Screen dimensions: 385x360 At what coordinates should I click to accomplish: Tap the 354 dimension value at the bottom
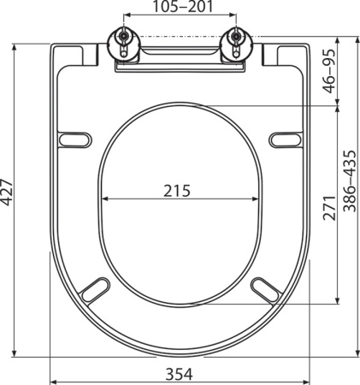pyautogui.click(x=178, y=373)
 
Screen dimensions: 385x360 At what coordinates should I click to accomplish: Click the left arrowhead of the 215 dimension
pyautogui.click(x=103, y=199)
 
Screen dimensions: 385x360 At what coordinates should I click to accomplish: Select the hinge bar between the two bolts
pyautogui.click(x=178, y=54)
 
